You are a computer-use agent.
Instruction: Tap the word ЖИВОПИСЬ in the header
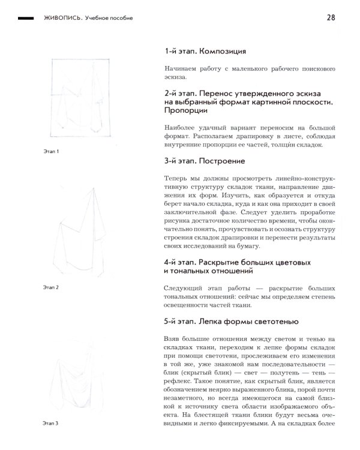click(x=62, y=18)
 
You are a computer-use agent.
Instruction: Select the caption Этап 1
click(x=51, y=151)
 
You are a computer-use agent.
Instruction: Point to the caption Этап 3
click(x=51, y=424)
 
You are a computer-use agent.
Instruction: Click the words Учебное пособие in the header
click(x=109, y=18)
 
